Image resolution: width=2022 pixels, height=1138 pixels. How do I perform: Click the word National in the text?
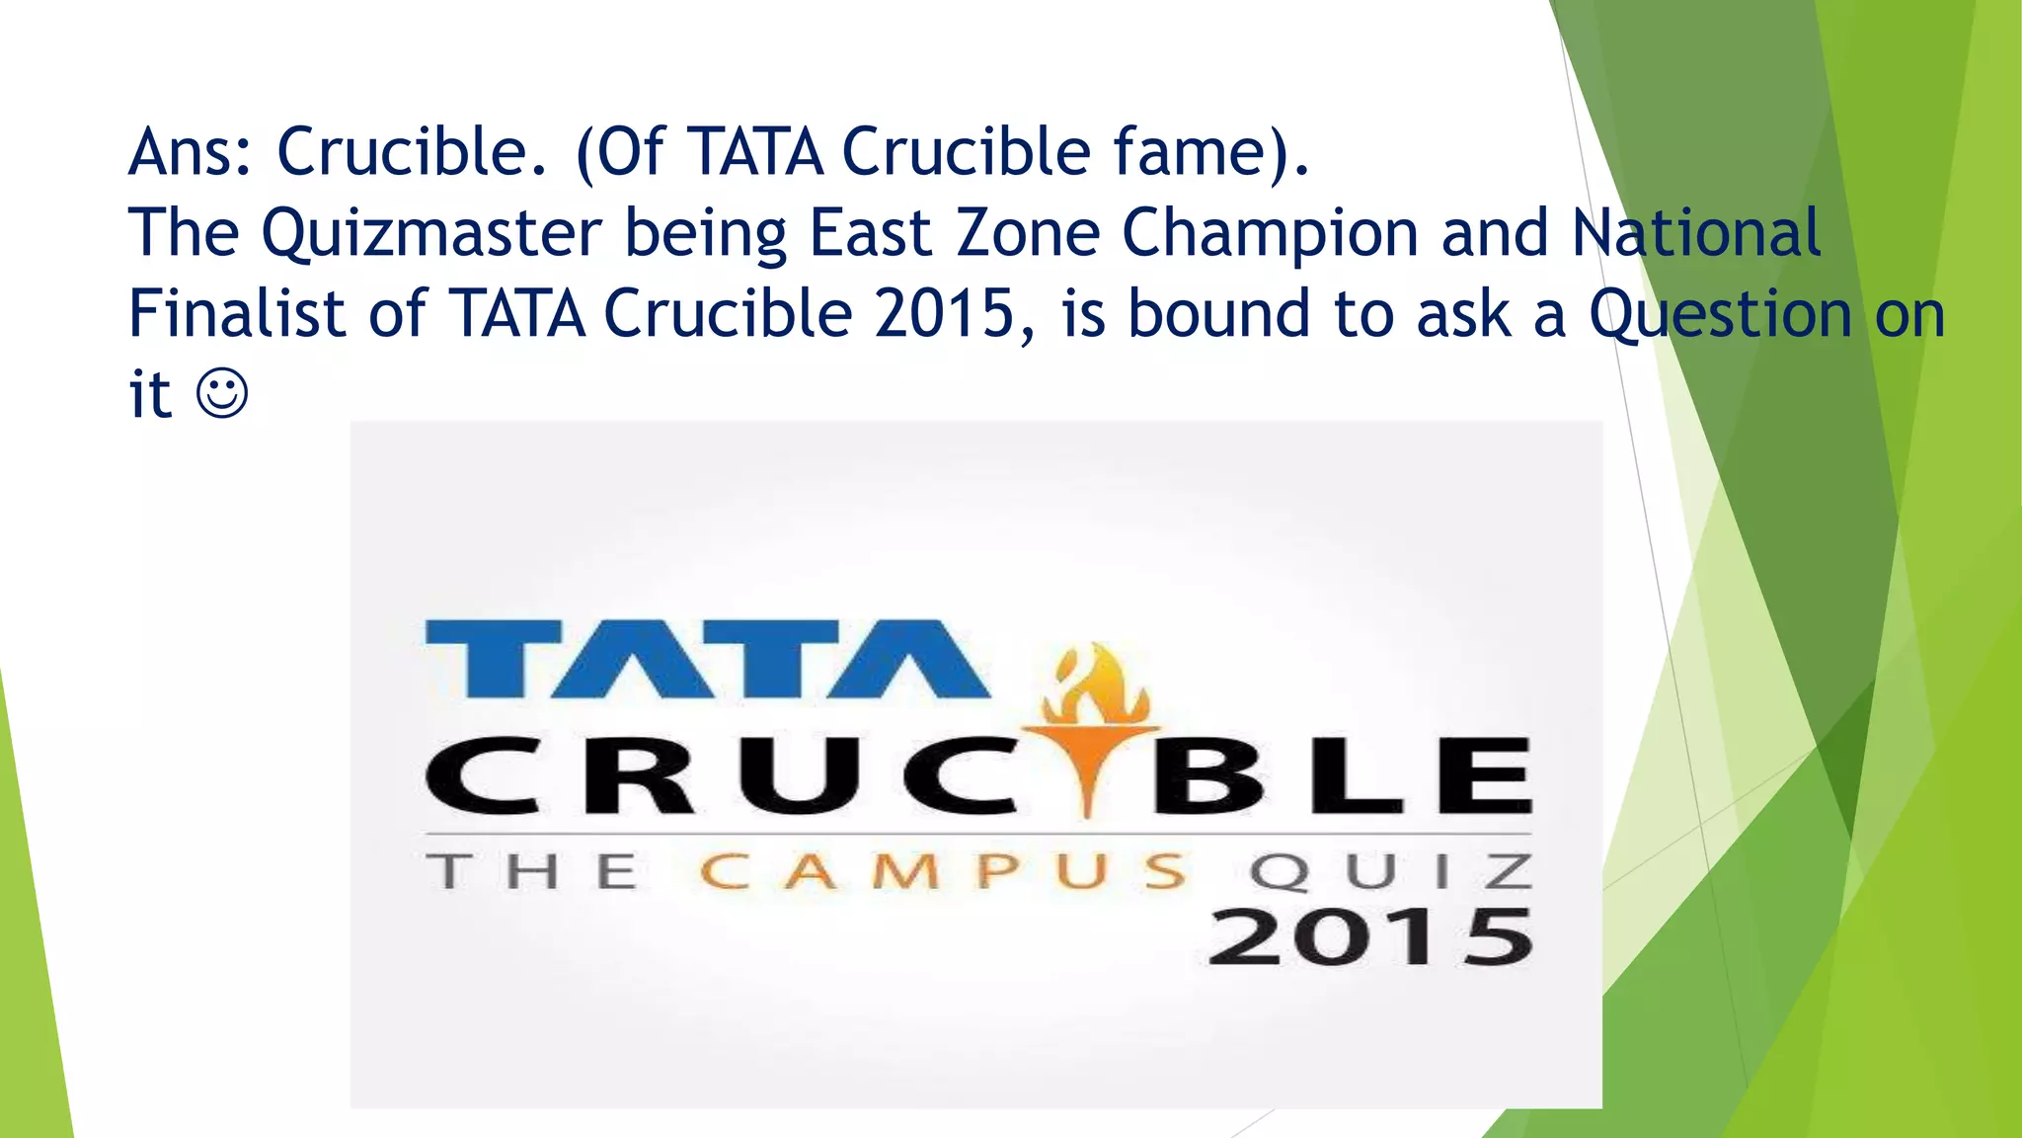click(1696, 233)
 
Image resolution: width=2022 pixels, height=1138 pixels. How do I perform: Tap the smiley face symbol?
click(222, 394)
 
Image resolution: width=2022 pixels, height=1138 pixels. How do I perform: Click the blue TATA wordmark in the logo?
click(706, 659)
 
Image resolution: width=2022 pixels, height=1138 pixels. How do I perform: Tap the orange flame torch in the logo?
click(1091, 721)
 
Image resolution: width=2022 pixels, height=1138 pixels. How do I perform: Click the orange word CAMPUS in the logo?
click(943, 872)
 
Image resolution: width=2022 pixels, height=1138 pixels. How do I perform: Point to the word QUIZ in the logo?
click(1391, 872)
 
